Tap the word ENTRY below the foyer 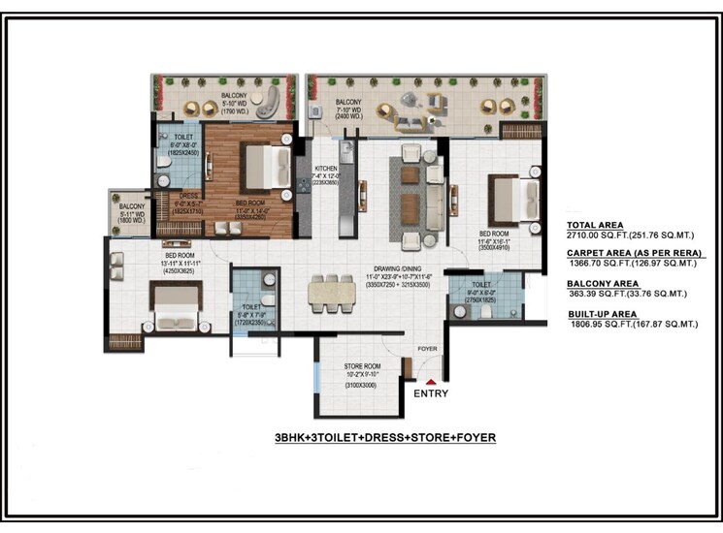click(x=431, y=395)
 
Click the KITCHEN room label click(x=325, y=169)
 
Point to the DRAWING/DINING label click(x=394, y=268)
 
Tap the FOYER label click(x=428, y=348)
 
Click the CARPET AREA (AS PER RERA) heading click(x=630, y=251)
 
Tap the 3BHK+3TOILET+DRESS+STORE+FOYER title click(x=385, y=438)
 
